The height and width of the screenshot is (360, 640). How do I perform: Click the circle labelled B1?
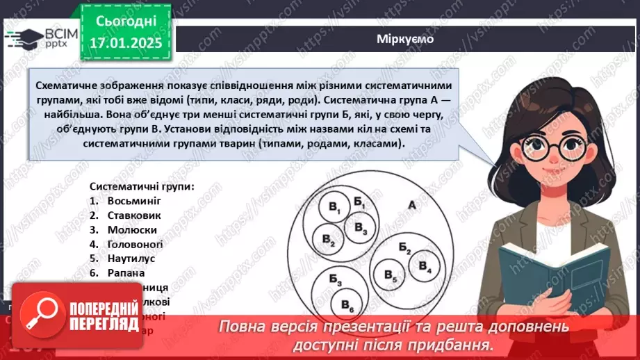click(334, 211)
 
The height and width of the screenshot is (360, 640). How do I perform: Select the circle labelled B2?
click(328, 239)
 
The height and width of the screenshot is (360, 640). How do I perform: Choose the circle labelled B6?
click(346, 305)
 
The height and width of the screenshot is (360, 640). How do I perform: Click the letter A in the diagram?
click(411, 206)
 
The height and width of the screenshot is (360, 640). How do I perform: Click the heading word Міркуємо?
click(405, 39)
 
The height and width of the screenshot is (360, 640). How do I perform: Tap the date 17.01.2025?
click(124, 42)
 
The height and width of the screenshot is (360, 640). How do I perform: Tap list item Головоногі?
click(136, 244)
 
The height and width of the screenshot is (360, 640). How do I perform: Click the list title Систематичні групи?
click(142, 186)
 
